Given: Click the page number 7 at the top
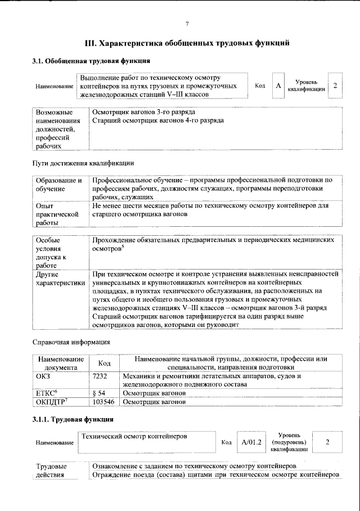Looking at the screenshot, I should [x=187, y=23].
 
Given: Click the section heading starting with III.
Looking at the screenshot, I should [x=187, y=42].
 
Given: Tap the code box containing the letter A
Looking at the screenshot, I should [x=278, y=86].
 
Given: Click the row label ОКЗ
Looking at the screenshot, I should [x=43, y=375].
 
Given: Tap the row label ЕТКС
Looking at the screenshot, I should [x=47, y=393].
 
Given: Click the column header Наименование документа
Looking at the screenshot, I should [x=61, y=363].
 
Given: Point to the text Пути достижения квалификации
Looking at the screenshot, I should [x=82, y=163].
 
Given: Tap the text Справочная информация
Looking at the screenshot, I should [x=70, y=342].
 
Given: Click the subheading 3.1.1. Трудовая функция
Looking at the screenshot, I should [x=73, y=419].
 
